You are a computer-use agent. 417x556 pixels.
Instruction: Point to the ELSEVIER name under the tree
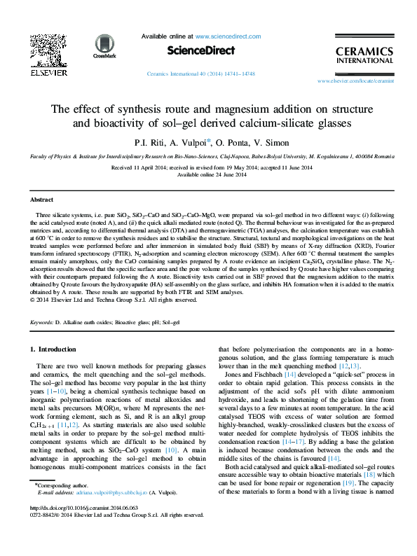(48, 72)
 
